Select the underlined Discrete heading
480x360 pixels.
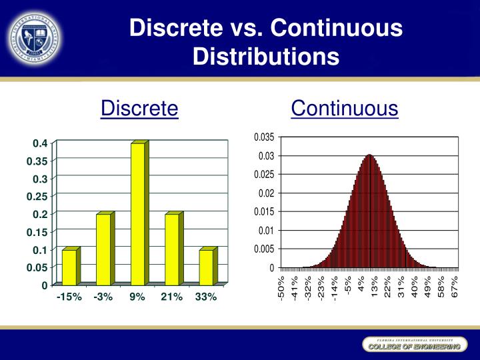(139, 108)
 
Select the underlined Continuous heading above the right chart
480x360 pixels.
(344, 108)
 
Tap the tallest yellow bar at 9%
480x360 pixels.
(138, 213)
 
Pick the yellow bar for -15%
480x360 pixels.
(69, 267)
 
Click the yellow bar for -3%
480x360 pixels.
(103, 249)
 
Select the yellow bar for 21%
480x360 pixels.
(172, 249)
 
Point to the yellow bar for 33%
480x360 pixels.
(206, 267)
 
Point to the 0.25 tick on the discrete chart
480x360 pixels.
(37, 197)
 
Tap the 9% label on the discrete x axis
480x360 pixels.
(137, 297)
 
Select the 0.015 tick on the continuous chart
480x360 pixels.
(264, 211)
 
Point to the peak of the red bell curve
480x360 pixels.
(369, 156)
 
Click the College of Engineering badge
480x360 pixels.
(411, 347)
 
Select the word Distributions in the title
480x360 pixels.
(266, 56)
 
